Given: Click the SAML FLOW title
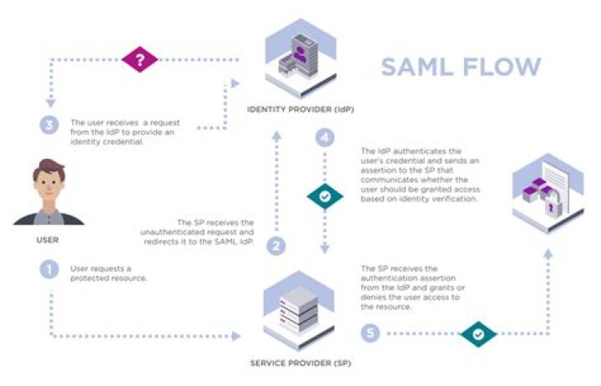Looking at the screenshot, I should pos(461,68).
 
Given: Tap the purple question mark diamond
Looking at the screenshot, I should pos(139,60).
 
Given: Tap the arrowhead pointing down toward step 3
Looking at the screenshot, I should pos(51,104).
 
